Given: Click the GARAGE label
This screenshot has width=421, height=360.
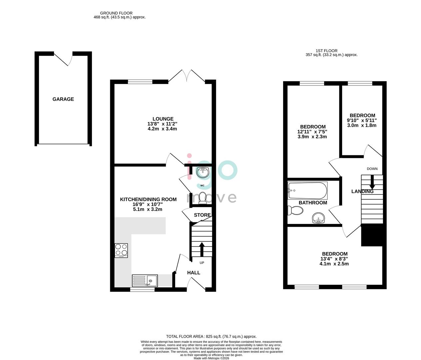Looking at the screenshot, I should pyautogui.click(x=63, y=99).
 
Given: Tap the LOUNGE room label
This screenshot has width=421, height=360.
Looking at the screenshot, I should pyautogui.click(x=163, y=119).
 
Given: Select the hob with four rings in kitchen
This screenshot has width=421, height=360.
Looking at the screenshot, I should pyautogui.click(x=121, y=250).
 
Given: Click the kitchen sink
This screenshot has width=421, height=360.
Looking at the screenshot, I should pyautogui.click(x=145, y=281).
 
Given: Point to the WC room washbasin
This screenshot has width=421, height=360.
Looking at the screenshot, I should pyautogui.click(x=203, y=173).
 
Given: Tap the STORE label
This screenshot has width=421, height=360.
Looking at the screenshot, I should pyautogui.click(x=202, y=215).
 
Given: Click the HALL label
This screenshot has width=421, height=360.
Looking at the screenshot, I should pyautogui.click(x=194, y=273).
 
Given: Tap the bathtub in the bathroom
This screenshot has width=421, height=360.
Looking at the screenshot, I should pyautogui.click(x=307, y=190).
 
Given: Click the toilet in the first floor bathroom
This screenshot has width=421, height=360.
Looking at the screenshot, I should pyautogui.click(x=295, y=210).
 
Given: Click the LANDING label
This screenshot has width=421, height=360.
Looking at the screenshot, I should pyautogui.click(x=362, y=191).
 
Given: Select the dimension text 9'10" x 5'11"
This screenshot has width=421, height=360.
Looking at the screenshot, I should pyautogui.click(x=362, y=120).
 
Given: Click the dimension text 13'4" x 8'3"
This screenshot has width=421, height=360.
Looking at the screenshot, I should pyautogui.click(x=334, y=259).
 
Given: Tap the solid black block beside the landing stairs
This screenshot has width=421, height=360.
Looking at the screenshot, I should pyautogui.click(x=372, y=236).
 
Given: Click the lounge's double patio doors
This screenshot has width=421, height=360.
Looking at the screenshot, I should pyautogui.click(x=187, y=76).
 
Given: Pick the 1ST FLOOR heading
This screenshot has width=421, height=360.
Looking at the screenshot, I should pyautogui.click(x=331, y=51).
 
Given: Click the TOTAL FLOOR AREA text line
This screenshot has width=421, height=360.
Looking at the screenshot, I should pyautogui.click(x=211, y=337).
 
